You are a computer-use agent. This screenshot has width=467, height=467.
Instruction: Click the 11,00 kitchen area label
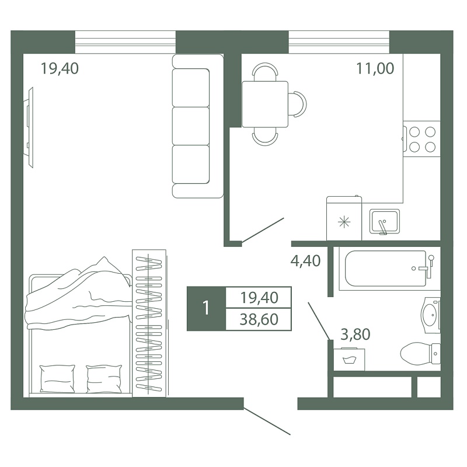pos(375,68)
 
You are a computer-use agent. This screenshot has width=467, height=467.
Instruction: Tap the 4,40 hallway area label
pos(305,260)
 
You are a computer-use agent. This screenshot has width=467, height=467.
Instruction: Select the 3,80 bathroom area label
pos(356,334)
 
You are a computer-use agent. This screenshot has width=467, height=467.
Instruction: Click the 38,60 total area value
pos(259,319)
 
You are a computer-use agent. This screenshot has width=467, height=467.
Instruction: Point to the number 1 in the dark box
pos(206,308)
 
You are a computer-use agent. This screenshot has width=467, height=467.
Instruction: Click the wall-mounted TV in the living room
pos(29,127)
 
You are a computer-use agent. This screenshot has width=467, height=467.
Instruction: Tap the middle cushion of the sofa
pos(191,126)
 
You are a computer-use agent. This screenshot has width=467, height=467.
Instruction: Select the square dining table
pos(265,104)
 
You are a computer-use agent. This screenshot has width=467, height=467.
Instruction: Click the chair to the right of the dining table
pos(298,104)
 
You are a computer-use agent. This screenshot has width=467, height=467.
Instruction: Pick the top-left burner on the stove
pos(414,132)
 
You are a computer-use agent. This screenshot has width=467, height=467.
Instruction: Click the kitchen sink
pos(385,222)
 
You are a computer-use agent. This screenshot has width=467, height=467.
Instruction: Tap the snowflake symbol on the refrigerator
pos(344,222)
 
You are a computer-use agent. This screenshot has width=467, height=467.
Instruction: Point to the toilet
pos(420,354)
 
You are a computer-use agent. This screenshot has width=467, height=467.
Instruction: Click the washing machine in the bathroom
pos(349,360)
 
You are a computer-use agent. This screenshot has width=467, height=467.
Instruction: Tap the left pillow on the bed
pos(57,379)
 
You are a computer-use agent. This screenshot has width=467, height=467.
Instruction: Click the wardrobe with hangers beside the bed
pos(149,323)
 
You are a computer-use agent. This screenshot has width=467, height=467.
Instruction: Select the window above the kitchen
pos(339,42)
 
